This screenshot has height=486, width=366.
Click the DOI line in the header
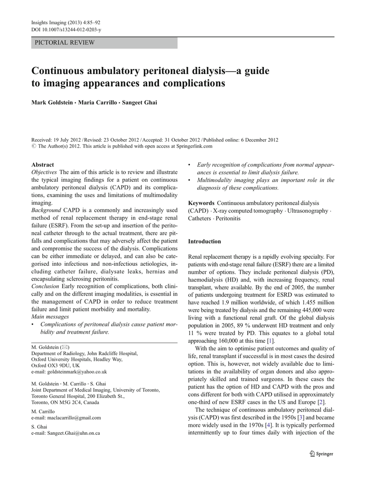(66, 29)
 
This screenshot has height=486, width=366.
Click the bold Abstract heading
(43, 165)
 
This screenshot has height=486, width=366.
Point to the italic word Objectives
(44, 172)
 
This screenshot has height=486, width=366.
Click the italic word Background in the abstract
(46, 210)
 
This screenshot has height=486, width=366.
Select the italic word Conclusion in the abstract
(45, 286)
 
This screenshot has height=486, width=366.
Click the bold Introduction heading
(205, 241)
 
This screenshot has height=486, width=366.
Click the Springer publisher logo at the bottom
(321, 453)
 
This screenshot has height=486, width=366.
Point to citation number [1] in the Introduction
(270, 341)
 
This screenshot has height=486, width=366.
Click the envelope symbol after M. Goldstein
(66, 347)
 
